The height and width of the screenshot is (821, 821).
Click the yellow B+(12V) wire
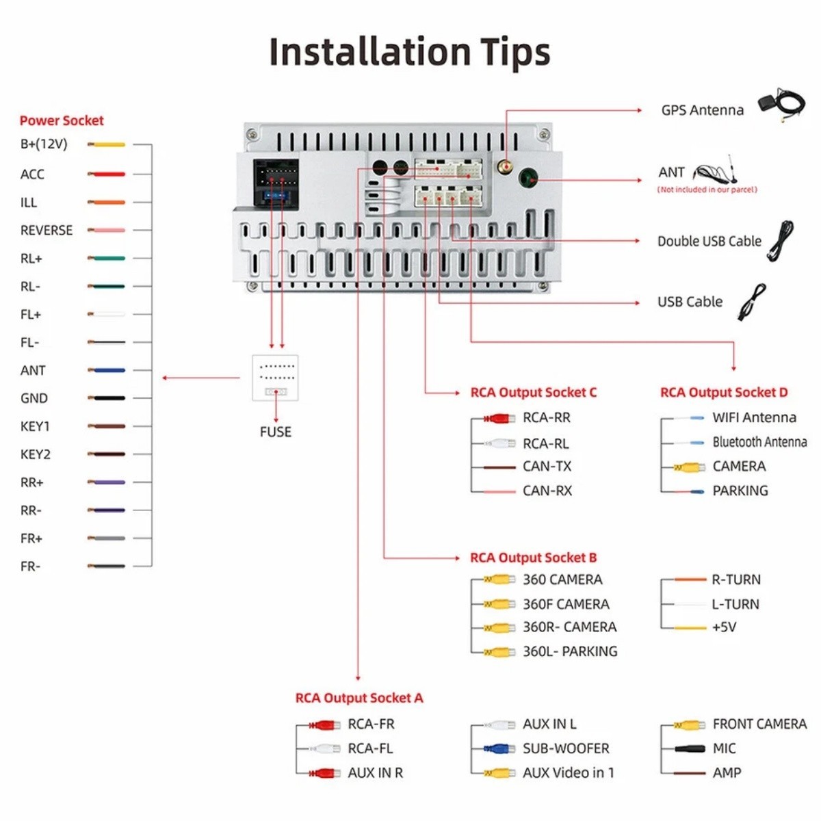(x=107, y=145)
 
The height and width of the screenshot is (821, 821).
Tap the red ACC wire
(x=107, y=174)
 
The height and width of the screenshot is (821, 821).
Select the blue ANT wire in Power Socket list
(x=107, y=370)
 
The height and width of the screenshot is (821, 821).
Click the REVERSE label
(x=47, y=231)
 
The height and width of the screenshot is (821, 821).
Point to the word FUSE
(x=276, y=432)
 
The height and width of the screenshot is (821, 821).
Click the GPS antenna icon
(x=782, y=105)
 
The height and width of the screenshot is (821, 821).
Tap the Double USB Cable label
(x=709, y=241)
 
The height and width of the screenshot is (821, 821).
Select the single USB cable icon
(x=752, y=302)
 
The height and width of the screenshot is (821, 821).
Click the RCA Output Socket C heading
(x=534, y=393)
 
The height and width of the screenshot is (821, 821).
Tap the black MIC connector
(x=690, y=748)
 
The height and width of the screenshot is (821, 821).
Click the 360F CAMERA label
(x=566, y=604)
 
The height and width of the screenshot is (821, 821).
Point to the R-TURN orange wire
(x=690, y=579)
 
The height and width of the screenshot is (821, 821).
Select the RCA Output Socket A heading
(x=359, y=698)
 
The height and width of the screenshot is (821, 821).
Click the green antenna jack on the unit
(x=528, y=178)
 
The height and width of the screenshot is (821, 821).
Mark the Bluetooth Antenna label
(x=759, y=442)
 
